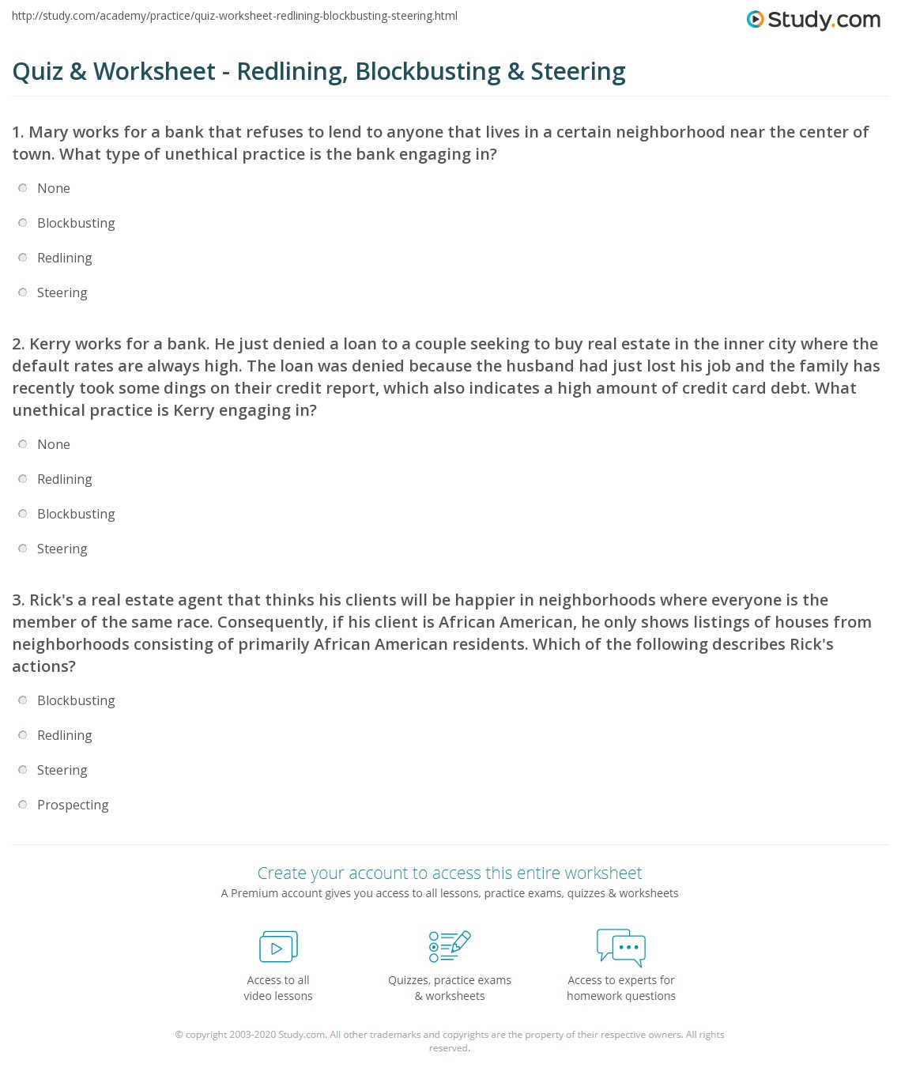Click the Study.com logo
(813, 20)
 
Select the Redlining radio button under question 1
(23, 258)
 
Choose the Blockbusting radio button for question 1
(23, 223)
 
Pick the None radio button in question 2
(23, 444)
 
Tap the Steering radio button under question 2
(23, 549)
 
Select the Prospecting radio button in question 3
(23, 805)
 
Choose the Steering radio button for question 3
(23, 770)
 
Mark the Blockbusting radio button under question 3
(23, 700)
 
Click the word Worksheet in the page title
(154, 71)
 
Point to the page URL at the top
(234, 16)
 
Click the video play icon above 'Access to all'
(278, 946)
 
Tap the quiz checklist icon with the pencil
(449, 946)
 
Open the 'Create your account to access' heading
(449, 873)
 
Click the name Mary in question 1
(48, 132)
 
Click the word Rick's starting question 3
(51, 600)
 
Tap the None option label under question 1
(54, 188)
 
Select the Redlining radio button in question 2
(23, 479)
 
